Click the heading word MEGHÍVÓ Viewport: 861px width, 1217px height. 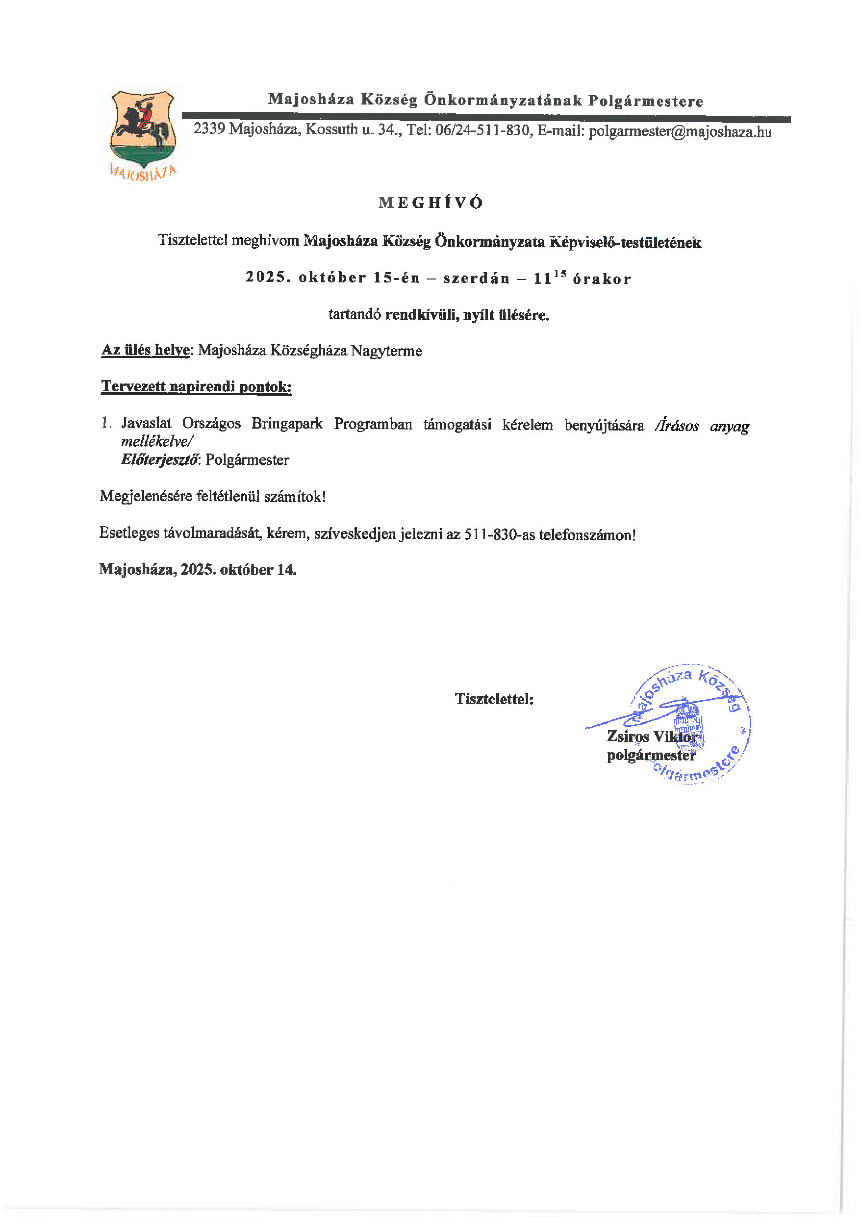pyautogui.click(x=430, y=203)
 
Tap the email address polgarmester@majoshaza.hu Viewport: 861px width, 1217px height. pyautogui.click(x=680, y=132)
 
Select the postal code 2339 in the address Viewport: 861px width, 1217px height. pyautogui.click(x=209, y=128)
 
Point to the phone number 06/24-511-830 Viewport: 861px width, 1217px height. pyautogui.click(x=482, y=130)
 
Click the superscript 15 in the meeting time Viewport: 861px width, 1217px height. pyautogui.click(x=560, y=273)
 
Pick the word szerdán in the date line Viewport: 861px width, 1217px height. pyautogui.click(x=476, y=279)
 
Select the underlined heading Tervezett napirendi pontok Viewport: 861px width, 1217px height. pyautogui.click(x=196, y=387)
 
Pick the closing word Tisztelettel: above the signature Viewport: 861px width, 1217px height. pyautogui.click(x=494, y=699)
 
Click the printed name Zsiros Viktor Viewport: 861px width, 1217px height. pyautogui.click(x=652, y=736)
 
